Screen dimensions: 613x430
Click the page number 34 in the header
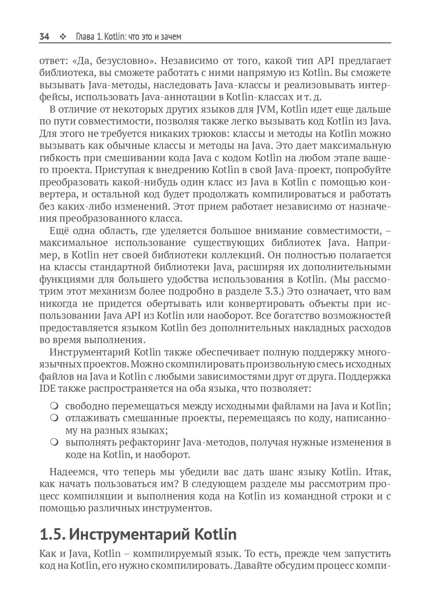click(x=44, y=37)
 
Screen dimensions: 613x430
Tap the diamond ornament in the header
click(x=62, y=37)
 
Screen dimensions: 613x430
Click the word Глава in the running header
click(x=85, y=37)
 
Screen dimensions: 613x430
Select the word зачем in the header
click(x=171, y=37)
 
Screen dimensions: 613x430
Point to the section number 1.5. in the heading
click(x=53, y=534)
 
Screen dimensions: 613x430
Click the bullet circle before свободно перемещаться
click(x=54, y=405)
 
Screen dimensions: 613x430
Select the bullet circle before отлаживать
click(x=54, y=417)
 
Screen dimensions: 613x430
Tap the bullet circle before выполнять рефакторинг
click(x=54, y=442)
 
